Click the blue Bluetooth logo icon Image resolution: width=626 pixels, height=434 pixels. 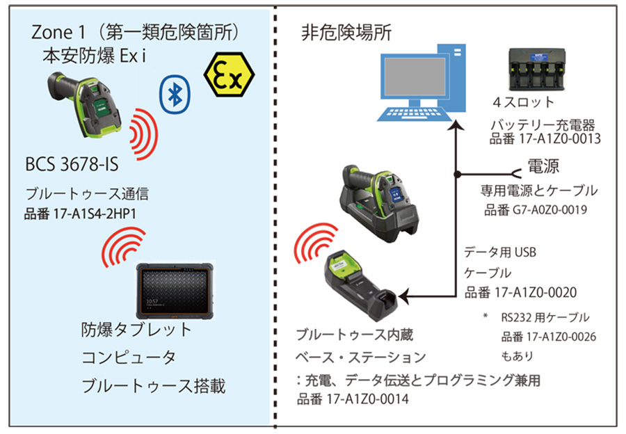pyautogui.click(x=175, y=95)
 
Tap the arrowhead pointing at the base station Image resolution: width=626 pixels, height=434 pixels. pyautogui.click(x=403, y=298)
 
